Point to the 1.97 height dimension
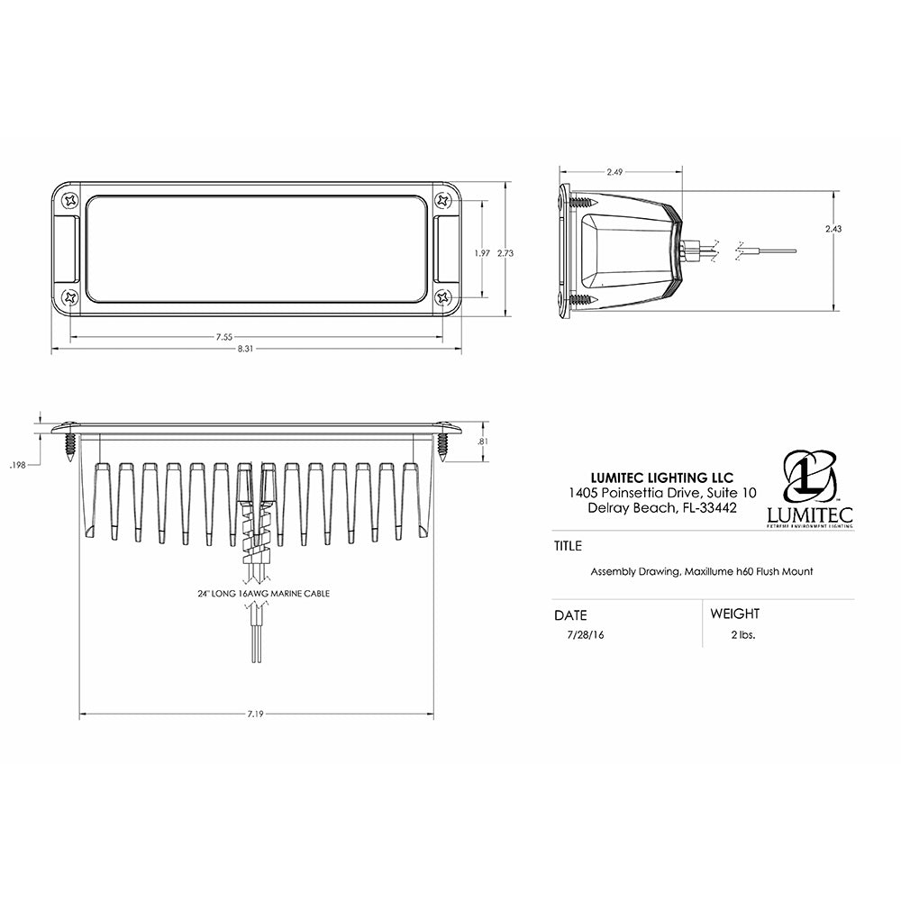pyautogui.click(x=482, y=254)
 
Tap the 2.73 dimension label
pyautogui.click(x=505, y=254)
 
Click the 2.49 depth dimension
pyautogui.click(x=615, y=171)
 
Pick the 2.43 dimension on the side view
pyautogui.click(x=833, y=229)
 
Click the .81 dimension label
pyautogui.click(x=483, y=441)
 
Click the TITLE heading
pyautogui.click(x=569, y=546)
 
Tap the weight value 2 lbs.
pyautogui.click(x=743, y=634)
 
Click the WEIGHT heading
pyautogui.click(x=734, y=614)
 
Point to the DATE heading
pyautogui.click(x=570, y=615)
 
